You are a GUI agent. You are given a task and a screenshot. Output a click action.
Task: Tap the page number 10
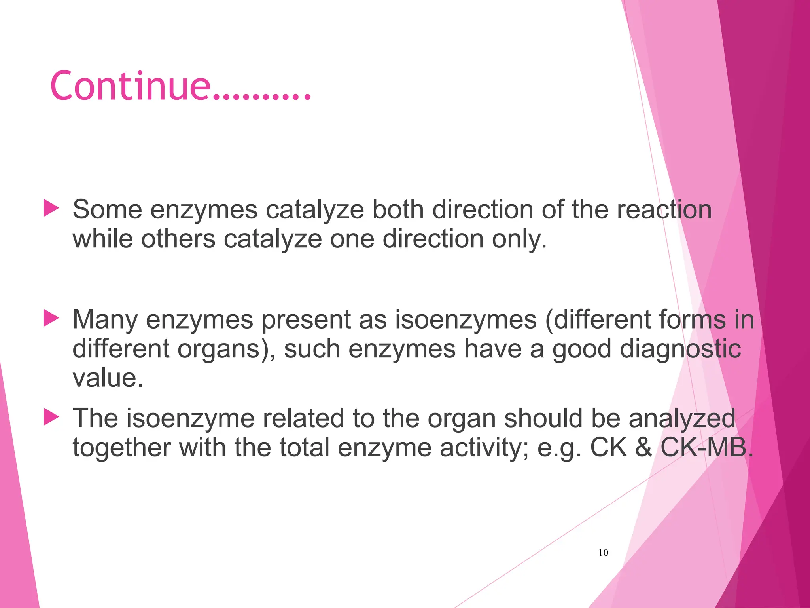point(603,553)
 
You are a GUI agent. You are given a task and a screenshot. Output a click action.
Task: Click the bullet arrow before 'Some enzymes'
point(51,208)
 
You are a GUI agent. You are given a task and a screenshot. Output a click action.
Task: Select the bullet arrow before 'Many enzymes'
point(51,318)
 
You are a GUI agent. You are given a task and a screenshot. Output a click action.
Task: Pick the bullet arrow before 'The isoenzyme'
point(51,417)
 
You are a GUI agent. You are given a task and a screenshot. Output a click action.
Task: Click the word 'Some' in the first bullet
point(107,209)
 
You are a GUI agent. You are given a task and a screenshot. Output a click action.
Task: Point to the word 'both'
point(398,209)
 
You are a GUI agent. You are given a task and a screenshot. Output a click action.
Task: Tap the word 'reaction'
point(664,209)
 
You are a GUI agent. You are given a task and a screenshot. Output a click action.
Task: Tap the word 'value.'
point(108,378)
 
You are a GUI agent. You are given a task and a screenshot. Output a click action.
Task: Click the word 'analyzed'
point(682,418)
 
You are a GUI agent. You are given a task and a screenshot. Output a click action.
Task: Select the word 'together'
point(122,448)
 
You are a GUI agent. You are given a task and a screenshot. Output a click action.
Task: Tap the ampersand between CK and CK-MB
point(644,448)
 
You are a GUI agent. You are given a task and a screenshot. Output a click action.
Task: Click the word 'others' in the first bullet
point(178,239)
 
